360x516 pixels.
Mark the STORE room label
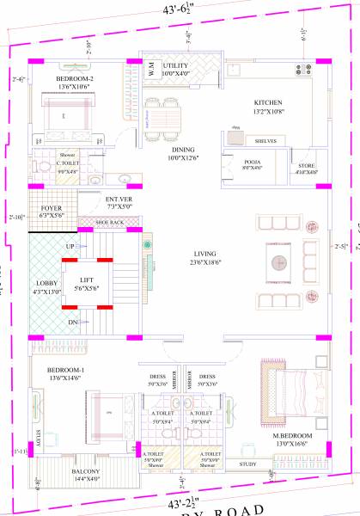[307, 165]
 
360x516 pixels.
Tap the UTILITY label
[176, 64]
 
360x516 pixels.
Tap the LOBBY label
[45, 283]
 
